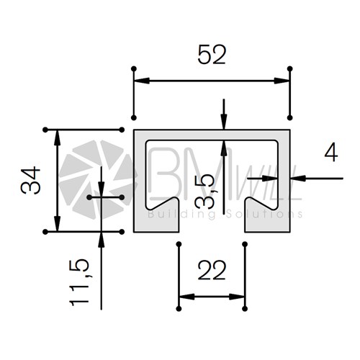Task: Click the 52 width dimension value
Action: pos(212,55)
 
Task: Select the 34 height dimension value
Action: pos(30,180)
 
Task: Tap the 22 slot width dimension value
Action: pos(212,271)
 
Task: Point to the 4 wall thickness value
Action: pos(331,153)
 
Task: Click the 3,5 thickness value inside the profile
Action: pos(204,191)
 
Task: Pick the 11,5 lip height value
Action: pos(79,282)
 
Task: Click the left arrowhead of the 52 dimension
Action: pos(142,81)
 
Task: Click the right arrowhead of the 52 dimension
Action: pos(282,81)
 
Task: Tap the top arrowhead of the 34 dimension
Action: pos(57,138)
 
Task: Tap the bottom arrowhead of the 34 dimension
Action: pos(57,224)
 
